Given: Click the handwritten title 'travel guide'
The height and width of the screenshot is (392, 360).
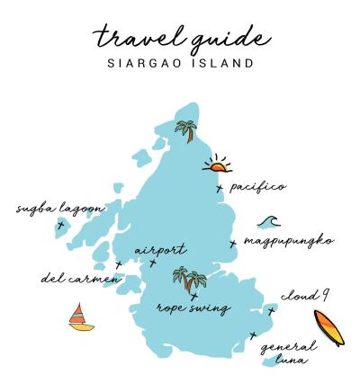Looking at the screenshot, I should tap(180, 38).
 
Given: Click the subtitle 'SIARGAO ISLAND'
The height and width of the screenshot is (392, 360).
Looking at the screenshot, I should tap(180, 64).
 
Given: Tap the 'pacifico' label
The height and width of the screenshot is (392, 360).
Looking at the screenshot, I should tap(258, 187).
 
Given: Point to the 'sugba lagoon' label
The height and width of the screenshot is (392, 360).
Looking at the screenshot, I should tap(60, 209).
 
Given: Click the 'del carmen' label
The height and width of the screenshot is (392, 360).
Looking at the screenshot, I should tap(79, 278).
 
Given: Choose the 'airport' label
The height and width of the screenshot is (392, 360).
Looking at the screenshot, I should tap(160, 250).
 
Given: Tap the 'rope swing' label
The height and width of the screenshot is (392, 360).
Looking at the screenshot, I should tap(193, 307).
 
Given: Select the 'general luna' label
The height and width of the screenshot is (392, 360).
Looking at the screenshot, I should tap(288, 352).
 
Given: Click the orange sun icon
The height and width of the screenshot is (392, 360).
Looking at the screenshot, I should tap(217, 165).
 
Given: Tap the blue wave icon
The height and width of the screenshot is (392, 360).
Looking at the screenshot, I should tap(268, 221).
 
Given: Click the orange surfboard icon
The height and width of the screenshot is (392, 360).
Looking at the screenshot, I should tap(328, 328).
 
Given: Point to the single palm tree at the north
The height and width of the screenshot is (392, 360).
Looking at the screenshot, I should tap(187, 132).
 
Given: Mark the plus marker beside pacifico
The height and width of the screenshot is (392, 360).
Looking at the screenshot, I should tap(220, 188).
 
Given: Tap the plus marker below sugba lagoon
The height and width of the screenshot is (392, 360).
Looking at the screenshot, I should tap(60, 225).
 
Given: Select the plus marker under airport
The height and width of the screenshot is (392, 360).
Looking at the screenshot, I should tap(153, 263).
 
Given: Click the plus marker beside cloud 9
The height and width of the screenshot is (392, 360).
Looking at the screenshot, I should tap(271, 311).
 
